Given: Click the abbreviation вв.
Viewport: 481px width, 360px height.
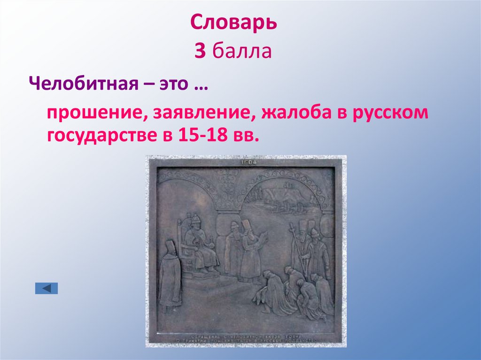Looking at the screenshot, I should (246, 135).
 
